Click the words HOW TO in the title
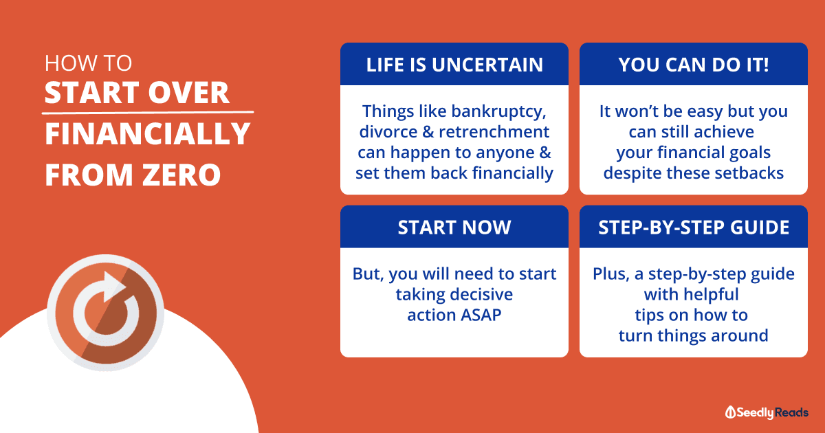pyautogui.click(x=88, y=63)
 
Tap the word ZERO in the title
pyautogui.click(x=181, y=175)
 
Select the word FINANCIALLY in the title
pyautogui.click(x=147, y=133)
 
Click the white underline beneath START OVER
pyautogui.click(x=148, y=112)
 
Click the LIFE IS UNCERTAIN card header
pyautogui.click(x=454, y=64)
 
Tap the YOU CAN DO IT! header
pyautogui.click(x=694, y=64)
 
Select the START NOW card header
pyautogui.click(x=454, y=227)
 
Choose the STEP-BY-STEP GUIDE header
pyautogui.click(x=694, y=227)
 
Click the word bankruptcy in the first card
pyautogui.click(x=498, y=112)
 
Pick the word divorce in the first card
pyautogui.click(x=388, y=132)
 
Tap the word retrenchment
pyautogui.click(x=494, y=132)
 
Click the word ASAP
pyautogui.click(x=481, y=315)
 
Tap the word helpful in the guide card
pyautogui.click(x=715, y=295)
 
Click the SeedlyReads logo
pyautogui.click(x=767, y=412)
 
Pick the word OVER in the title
pyautogui.click(x=188, y=92)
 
